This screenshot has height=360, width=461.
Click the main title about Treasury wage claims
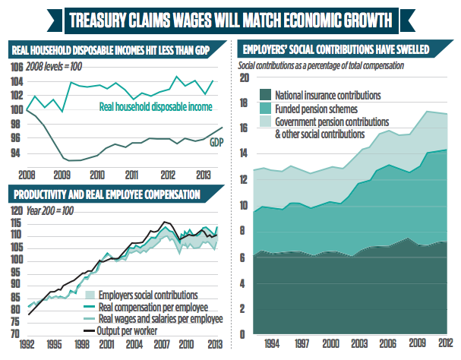tap(230, 18)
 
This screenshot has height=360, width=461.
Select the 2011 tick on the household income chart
tap(131, 173)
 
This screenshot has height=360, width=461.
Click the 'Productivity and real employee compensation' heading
tap(106, 194)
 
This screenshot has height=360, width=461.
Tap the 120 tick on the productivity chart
tap(16, 210)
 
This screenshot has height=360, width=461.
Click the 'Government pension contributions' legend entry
tap(331, 122)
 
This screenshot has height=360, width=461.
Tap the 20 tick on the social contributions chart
tap(244, 77)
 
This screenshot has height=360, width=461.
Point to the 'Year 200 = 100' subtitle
tap(54, 210)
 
